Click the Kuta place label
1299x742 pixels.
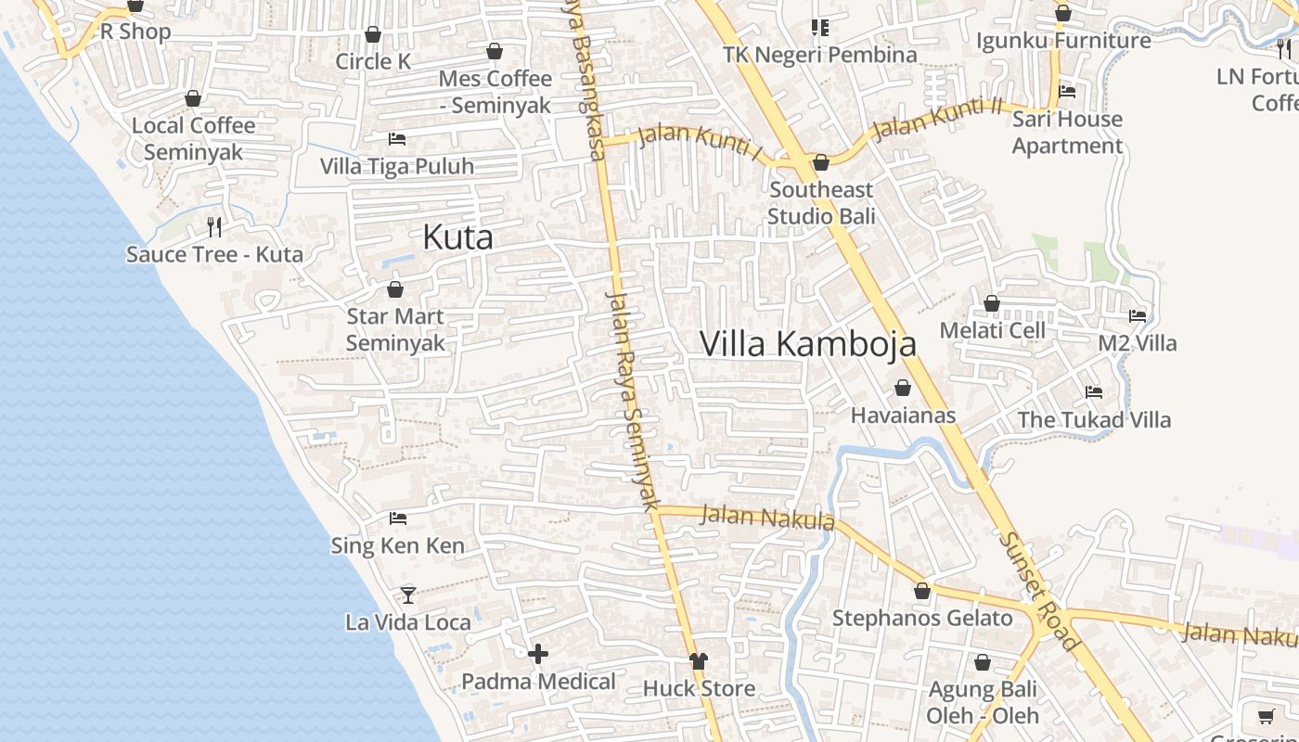457,237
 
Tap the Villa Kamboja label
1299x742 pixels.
807,343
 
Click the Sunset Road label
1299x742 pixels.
1038,592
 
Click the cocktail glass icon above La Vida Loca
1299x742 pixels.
407,595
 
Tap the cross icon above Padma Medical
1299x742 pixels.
538,654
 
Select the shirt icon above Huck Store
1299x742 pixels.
699,661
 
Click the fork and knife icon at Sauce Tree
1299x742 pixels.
214,226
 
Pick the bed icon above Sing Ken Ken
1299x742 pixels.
398,518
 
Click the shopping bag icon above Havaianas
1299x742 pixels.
903,388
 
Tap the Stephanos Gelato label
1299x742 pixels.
922,618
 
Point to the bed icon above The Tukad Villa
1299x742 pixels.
1094,392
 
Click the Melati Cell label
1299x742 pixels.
992,330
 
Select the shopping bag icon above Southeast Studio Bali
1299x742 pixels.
821,163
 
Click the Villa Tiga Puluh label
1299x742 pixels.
397,166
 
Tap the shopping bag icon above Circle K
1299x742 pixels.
373,34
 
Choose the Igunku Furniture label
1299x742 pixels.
1063,41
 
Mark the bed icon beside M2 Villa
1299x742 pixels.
1138,316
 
